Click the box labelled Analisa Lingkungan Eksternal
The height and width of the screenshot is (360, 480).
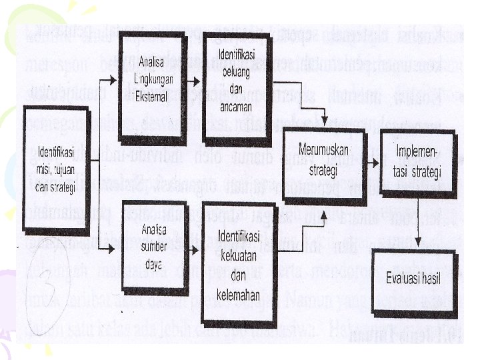pyautogui.click(x=153, y=79)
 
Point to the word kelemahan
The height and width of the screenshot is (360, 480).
pyautogui.click(x=238, y=296)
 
